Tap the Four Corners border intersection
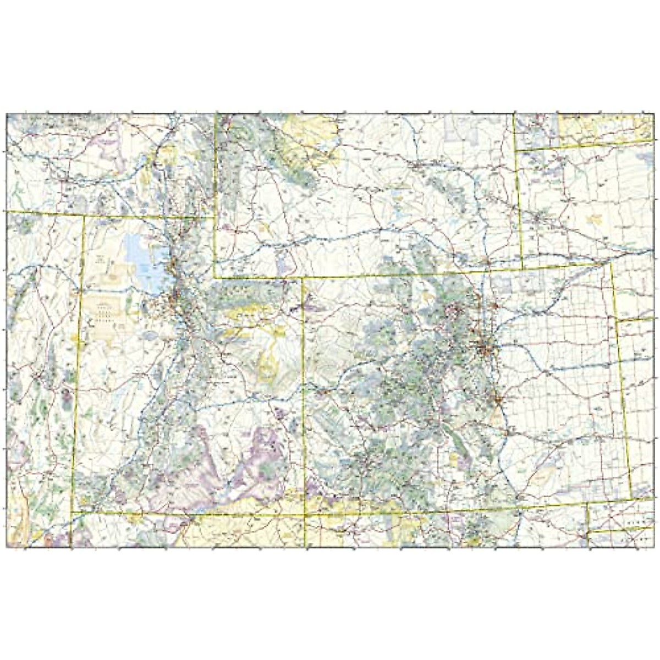[304, 515]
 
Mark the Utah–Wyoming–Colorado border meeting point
[303, 278]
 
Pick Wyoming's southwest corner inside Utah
[215, 278]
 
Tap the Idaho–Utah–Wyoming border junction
[215, 217]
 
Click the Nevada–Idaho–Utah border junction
[84, 216]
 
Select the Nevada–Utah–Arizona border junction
[71, 513]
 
